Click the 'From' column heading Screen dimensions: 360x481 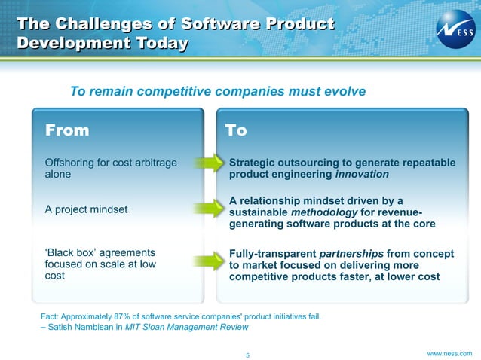[67, 130]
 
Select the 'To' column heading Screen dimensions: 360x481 [236, 130]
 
